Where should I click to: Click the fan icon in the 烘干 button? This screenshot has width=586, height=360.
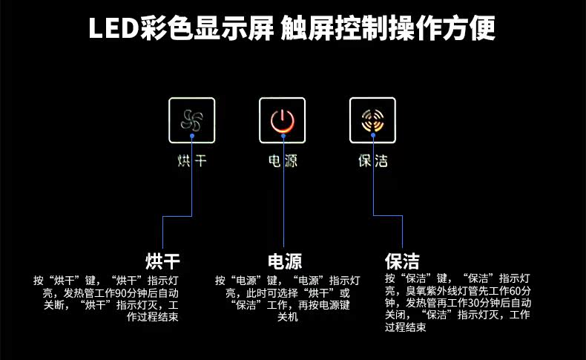[x=191, y=120]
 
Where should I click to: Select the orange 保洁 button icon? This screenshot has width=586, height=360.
[x=372, y=120]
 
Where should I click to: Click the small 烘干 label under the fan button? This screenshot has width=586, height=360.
[x=191, y=161]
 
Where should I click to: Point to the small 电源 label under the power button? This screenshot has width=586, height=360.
[x=283, y=161]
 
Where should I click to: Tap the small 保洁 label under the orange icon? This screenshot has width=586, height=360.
[x=373, y=161]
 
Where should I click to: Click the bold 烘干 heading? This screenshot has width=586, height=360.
[x=162, y=261]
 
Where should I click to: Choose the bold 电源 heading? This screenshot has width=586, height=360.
[x=285, y=261]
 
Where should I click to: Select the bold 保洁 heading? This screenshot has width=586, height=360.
[x=402, y=261]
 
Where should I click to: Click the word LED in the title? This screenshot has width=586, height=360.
[x=114, y=28]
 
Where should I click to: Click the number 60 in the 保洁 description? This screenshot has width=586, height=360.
[x=515, y=290]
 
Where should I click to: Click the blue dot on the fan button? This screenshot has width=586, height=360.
[x=191, y=136]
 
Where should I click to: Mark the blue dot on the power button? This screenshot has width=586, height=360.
[x=283, y=136]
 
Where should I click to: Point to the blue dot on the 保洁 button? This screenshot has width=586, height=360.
[x=373, y=135]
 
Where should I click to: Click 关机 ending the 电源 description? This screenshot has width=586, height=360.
[x=287, y=317]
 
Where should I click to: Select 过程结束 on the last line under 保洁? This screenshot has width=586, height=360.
[x=406, y=327]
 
